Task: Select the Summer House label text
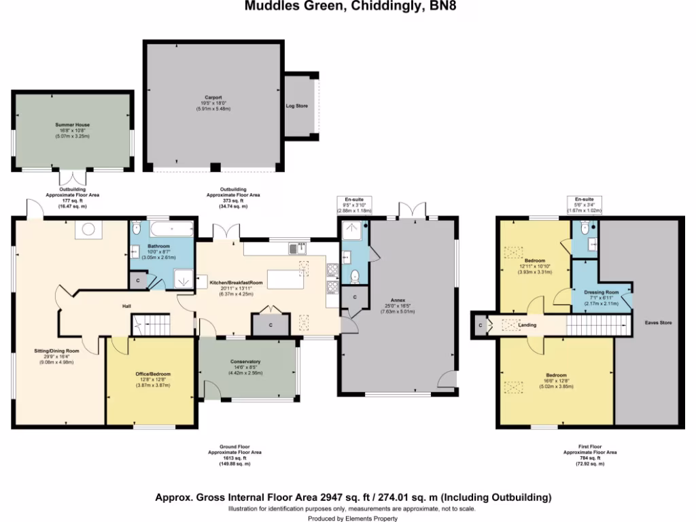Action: [x=73, y=125]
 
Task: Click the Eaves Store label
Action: [x=658, y=323]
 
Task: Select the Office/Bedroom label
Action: [x=153, y=374]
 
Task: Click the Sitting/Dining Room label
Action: [x=57, y=351]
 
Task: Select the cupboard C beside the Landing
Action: [x=481, y=326]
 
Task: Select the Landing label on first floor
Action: [x=527, y=326]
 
